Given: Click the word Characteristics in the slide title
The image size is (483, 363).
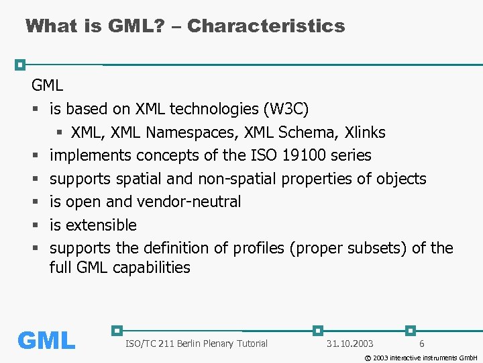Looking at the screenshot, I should tap(266, 26).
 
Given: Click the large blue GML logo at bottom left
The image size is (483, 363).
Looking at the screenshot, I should tap(46, 340).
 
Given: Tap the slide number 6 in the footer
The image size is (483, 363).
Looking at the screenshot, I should tap(421, 344).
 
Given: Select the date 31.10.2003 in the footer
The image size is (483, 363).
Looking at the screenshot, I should tap(350, 344).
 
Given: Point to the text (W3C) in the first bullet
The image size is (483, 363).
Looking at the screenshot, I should tap(286, 109).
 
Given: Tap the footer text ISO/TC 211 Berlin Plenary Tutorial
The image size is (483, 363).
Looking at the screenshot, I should tap(196, 344).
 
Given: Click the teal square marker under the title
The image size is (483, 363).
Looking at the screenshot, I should tap(21, 65).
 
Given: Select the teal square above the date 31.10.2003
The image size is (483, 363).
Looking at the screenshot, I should tap(318, 331).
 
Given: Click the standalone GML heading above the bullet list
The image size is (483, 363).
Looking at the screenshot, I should tap(47, 85).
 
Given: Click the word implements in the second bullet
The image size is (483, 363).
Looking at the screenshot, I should tap(91, 155).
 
